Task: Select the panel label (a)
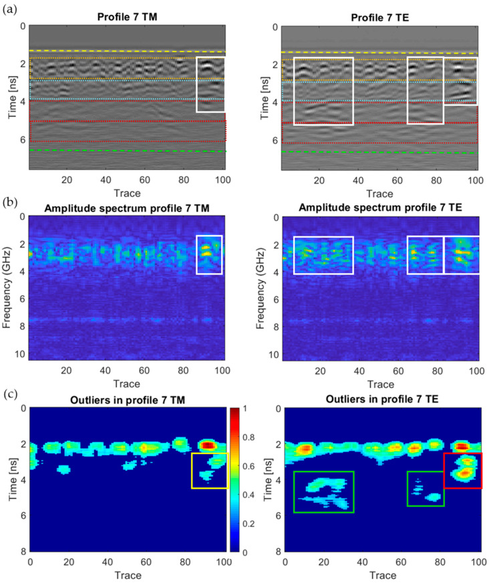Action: (x=11, y=8)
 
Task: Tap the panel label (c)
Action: (x=11, y=395)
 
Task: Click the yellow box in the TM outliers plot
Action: (x=209, y=470)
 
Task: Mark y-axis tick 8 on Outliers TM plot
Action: (x=21, y=552)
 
